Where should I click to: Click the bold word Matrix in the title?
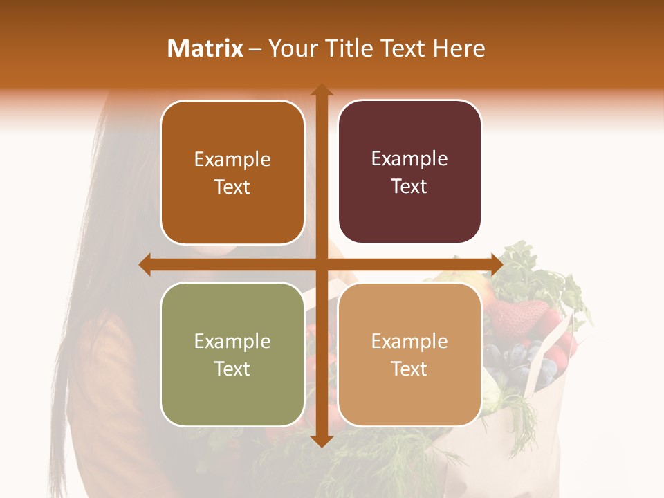[x=205, y=48]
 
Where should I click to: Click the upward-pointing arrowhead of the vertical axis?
[x=321, y=91]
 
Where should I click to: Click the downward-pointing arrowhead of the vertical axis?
[x=321, y=441]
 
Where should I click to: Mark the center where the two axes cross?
[x=321, y=264]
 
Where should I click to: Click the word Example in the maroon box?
[x=409, y=159]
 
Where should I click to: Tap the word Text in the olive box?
[x=232, y=369]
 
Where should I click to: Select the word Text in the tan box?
[x=409, y=369]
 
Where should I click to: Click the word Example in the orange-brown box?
[x=232, y=160]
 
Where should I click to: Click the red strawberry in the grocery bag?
[x=515, y=317]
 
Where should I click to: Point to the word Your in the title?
[x=291, y=48]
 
